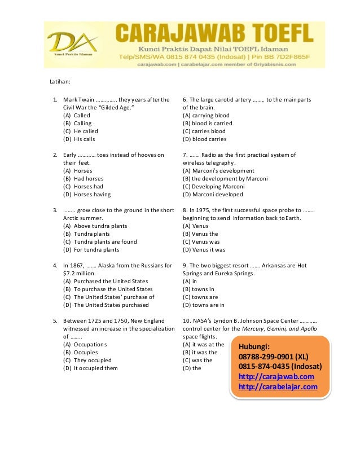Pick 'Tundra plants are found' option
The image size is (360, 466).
pyautogui.click(x=101, y=241)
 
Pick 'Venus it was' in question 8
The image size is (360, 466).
pyautogui.click(x=204, y=249)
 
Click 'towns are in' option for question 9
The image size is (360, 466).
pyautogui.click(x=203, y=305)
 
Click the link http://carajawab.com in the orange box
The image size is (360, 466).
pyautogui.click(x=276, y=376)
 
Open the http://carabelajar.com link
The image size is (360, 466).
pyautogui.click(x=278, y=386)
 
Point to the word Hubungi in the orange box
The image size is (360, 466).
pyautogui.click(x=254, y=346)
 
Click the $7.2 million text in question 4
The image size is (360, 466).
pyautogui.click(x=79, y=273)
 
